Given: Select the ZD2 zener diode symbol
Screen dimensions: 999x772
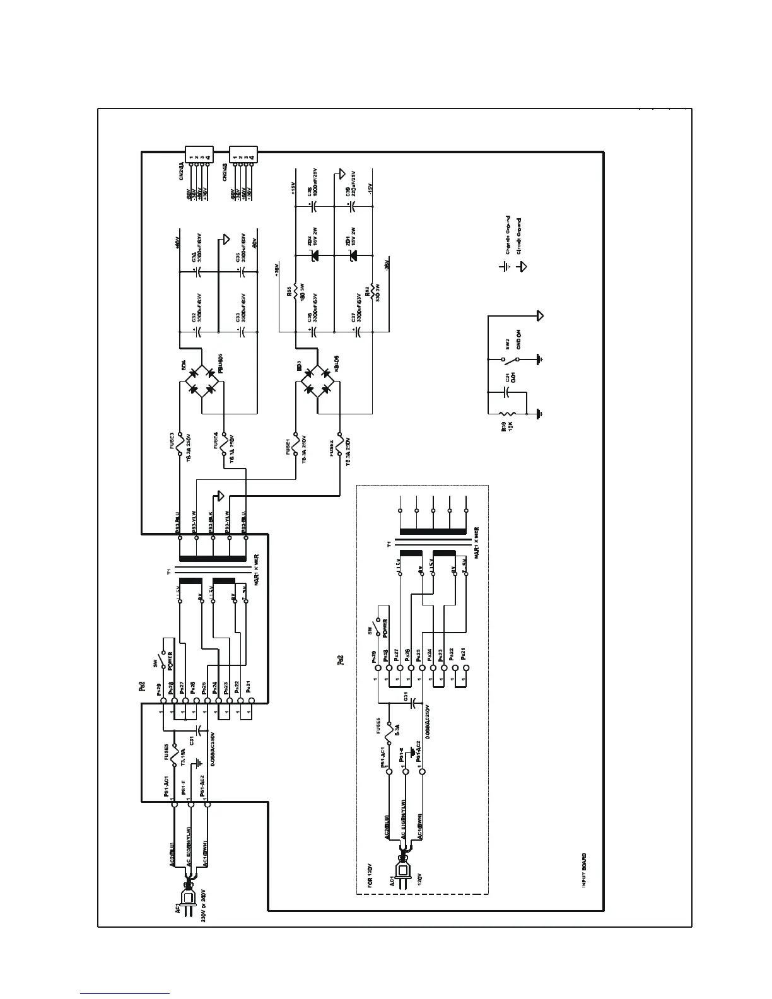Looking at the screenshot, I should point(314,255).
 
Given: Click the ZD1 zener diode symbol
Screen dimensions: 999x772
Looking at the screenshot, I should point(353,255).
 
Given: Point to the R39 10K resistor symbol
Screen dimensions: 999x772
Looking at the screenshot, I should point(503,414).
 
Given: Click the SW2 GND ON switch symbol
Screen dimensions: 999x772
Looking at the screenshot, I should point(510,359).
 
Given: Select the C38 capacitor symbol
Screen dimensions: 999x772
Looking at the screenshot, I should point(314,206).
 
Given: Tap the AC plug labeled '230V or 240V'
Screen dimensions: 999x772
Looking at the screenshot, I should point(188,896).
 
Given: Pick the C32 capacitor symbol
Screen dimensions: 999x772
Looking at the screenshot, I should point(197,331).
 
